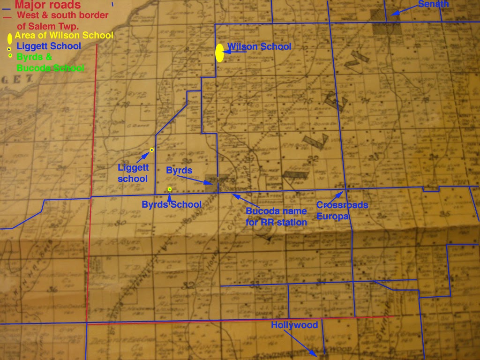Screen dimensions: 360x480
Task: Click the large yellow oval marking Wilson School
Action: pos(219,53)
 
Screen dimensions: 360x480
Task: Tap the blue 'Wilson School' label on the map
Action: pos(259,46)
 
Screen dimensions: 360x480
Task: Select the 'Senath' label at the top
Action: pos(433,4)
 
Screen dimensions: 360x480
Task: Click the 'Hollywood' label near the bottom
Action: pos(294,325)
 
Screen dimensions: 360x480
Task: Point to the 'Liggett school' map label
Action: pos(133,173)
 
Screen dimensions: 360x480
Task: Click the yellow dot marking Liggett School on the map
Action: pos(151,150)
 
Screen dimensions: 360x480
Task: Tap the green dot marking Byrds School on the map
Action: pos(170,189)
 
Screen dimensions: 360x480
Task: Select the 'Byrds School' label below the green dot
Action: pos(172,204)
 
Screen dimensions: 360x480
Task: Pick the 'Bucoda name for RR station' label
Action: pos(276,217)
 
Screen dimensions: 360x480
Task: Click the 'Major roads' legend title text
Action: pos(47,5)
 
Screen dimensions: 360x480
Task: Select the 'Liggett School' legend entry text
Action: pos(49,46)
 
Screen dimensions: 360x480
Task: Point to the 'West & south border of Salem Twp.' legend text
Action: pos(62,21)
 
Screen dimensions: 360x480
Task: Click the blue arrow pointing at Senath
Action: pos(403,10)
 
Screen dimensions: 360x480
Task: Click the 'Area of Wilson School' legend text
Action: pos(64,35)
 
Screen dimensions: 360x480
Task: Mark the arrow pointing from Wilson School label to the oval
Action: pos(236,51)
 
